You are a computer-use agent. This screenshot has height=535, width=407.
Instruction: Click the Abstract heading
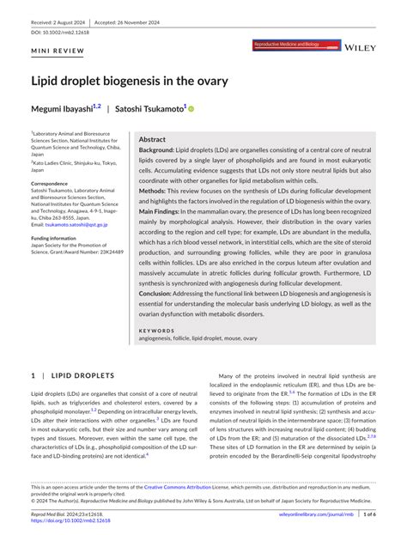pos(152,138)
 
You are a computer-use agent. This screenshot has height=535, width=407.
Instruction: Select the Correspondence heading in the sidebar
pos(50,184)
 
